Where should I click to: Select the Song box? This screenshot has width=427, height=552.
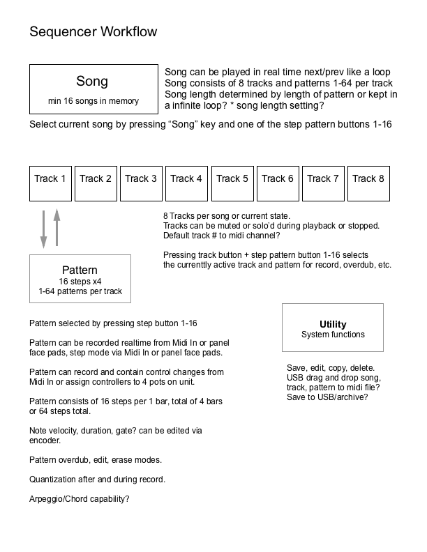tap(93, 89)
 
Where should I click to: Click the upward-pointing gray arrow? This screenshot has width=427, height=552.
tap(57, 227)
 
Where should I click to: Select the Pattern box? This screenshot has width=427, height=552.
tap(80, 279)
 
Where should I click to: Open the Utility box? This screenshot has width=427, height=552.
tap(333, 328)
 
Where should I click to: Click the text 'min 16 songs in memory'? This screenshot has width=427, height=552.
tap(93, 101)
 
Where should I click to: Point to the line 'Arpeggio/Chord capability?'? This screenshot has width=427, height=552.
tap(80, 499)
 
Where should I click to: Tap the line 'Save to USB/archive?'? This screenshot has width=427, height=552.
tap(327, 397)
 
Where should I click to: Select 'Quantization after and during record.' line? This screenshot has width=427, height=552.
tap(97, 480)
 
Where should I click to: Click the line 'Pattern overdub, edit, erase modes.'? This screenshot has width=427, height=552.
tap(96, 460)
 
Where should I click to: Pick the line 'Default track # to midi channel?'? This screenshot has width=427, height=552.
tap(227, 236)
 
